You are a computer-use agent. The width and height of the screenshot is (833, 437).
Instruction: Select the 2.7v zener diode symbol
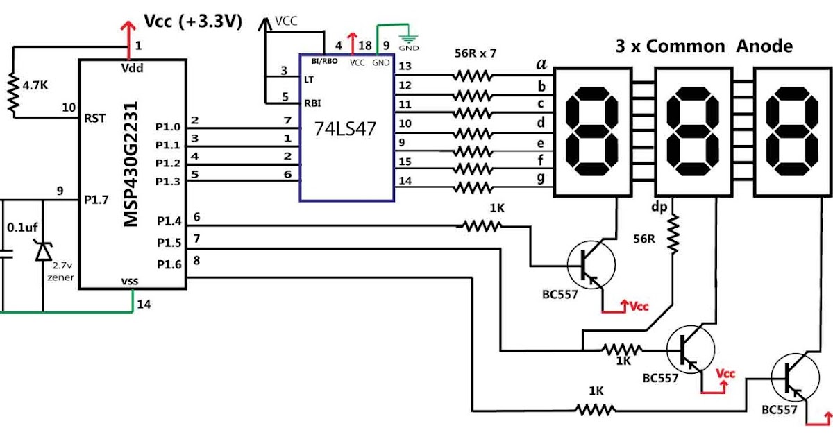point(43,251)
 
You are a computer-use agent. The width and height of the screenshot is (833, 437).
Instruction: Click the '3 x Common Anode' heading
point(703,46)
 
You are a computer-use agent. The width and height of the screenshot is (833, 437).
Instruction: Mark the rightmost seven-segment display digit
point(790,131)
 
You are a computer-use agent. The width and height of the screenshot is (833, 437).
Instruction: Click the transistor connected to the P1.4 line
point(591,264)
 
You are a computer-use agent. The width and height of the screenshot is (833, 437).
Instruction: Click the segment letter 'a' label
point(541,65)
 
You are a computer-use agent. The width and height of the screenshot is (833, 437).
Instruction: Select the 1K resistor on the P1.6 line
point(596,410)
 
